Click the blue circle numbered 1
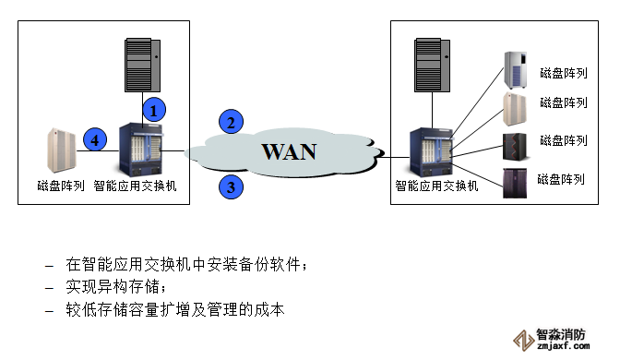point(154,110)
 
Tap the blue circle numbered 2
point(231,122)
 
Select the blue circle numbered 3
point(231,186)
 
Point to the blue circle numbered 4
point(95,139)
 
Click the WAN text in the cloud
point(289,151)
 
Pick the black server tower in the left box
point(143,65)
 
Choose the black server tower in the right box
point(433,65)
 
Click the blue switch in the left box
point(141,150)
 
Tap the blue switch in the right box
point(431,152)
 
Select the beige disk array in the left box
point(62,150)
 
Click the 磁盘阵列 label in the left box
point(61,186)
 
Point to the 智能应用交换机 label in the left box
point(135,186)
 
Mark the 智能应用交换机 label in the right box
point(436,186)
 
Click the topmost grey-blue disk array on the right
point(516,70)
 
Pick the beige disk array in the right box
point(515,109)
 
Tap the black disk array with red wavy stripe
point(515,147)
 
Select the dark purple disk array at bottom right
point(515,183)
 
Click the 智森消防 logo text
point(560,335)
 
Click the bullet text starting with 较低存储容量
point(175,309)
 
